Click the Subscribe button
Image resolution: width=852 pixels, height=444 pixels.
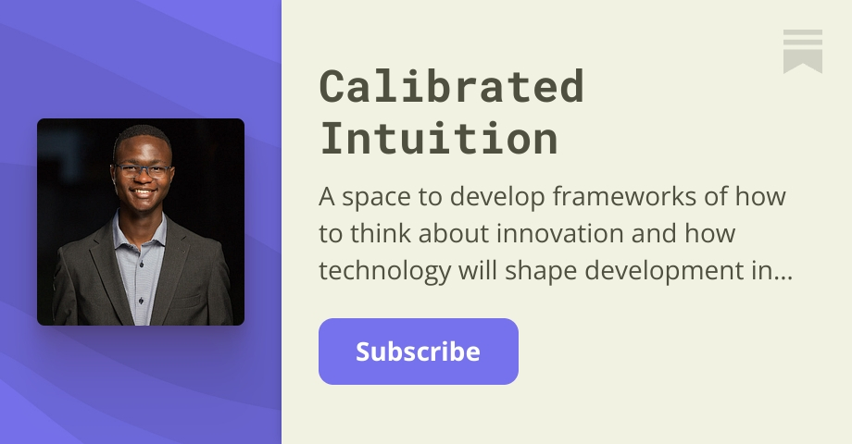(x=418, y=351)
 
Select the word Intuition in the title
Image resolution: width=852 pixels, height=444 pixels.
(x=439, y=139)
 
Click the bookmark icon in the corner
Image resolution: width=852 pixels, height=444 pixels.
(x=802, y=51)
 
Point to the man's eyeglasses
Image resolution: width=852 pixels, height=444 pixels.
(x=143, y=170)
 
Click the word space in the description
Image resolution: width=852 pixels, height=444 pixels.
(x=371, y=197)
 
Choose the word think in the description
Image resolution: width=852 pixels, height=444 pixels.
(x=388, y=234)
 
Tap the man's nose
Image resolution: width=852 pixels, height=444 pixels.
(x=143, y=181)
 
